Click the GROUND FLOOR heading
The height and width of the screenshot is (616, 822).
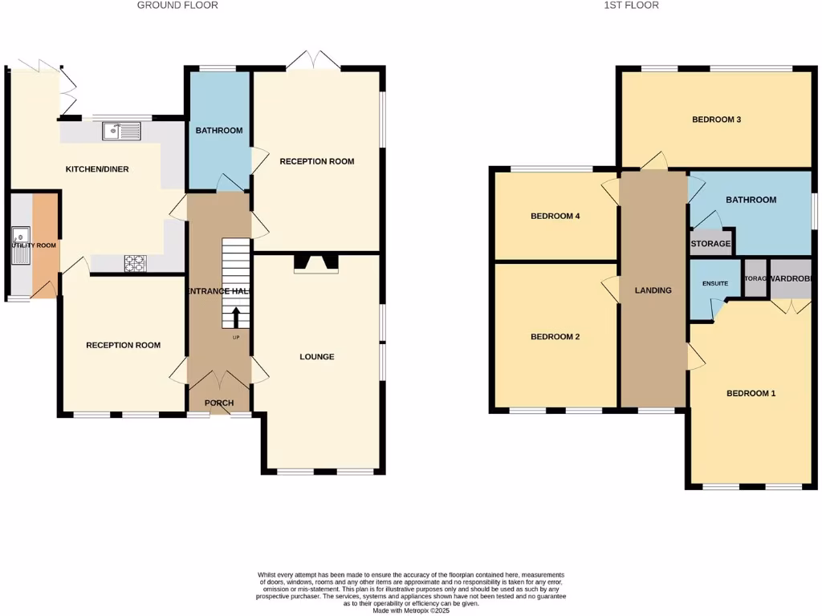(x=177, y=6)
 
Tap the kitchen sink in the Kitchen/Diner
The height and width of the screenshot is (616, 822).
(x=121, y=131)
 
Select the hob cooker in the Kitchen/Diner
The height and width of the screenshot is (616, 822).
(x=134, y=261)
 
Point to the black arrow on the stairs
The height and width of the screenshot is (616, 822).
(x=235, y=318)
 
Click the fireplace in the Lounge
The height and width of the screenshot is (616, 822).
(x=317, y=263)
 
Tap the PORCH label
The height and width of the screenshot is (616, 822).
(x=218, y=403)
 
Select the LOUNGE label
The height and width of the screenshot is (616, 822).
(x=316, y=357)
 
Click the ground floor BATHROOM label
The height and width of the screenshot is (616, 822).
(x=219, y=131)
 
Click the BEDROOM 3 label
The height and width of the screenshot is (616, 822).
(x=716, y=120)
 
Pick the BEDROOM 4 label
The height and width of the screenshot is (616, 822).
(x=555, y=216)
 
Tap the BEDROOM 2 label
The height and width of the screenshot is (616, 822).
(x=555, y=337)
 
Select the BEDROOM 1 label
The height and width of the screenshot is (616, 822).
(x=751, y=393)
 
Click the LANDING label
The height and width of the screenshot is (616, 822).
(x=653, y=290)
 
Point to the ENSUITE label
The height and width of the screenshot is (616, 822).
(x=714, y=284)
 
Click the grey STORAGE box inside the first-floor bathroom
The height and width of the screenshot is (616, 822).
(x=710, y=244)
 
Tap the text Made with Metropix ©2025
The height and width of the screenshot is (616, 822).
(x=410, y=610)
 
